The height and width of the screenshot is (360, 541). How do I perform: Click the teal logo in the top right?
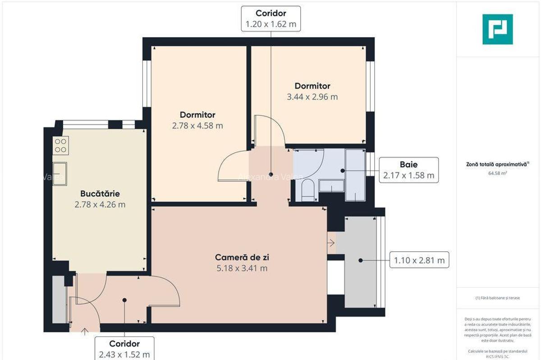coord(497,29)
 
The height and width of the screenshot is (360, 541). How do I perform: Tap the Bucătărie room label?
coord(100,194)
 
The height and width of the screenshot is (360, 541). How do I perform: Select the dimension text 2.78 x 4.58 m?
coord(197,126)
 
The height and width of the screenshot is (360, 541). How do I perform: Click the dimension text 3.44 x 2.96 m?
coord(312,97)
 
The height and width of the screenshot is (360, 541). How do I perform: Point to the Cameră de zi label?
coord(242,258)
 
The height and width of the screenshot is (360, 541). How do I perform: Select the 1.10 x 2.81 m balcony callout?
coord(419,260)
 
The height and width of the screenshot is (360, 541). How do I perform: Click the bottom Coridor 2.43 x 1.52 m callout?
coord(124,348)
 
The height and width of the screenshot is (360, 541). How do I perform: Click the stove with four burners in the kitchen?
coord(60,145)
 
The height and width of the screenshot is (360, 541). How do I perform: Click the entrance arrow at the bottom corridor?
coord(85,332)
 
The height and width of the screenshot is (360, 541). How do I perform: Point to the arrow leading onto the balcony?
coord(331,243)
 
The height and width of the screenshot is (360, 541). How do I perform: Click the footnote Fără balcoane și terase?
coord(497,298)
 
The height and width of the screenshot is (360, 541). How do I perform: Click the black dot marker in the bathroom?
coord(343,171)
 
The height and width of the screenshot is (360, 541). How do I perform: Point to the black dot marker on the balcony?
coord(361,260)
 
